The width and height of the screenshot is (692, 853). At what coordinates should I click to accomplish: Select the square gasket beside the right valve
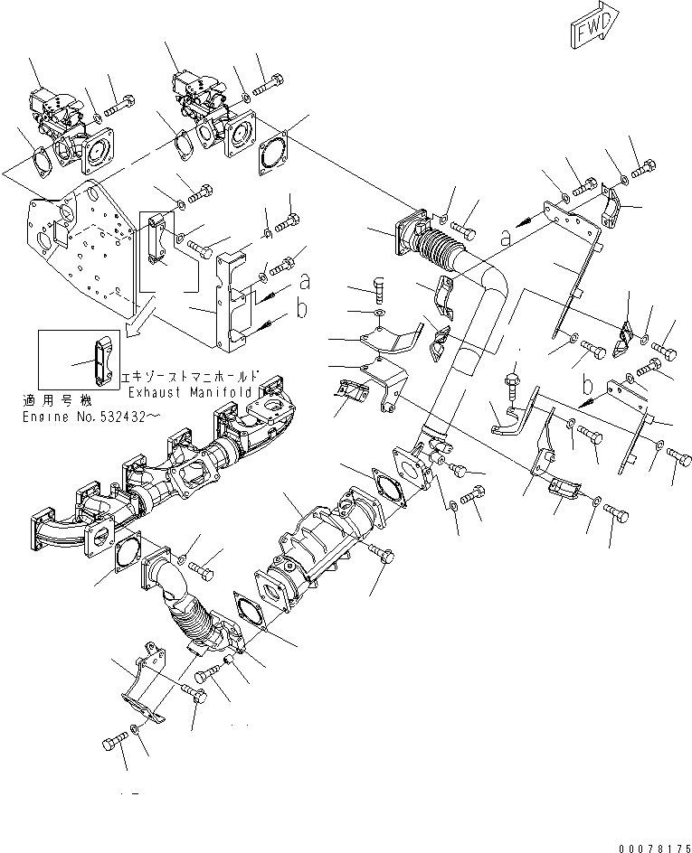(274, 151)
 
